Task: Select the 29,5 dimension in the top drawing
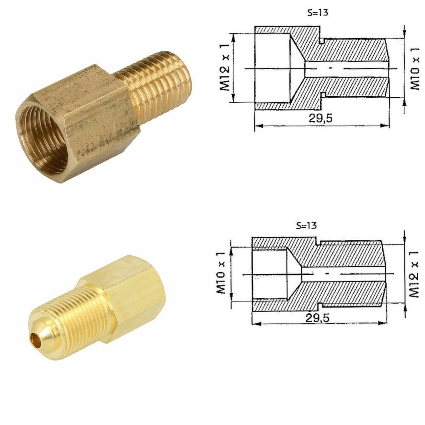point(320,118)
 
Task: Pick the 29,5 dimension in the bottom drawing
point(317,318)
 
